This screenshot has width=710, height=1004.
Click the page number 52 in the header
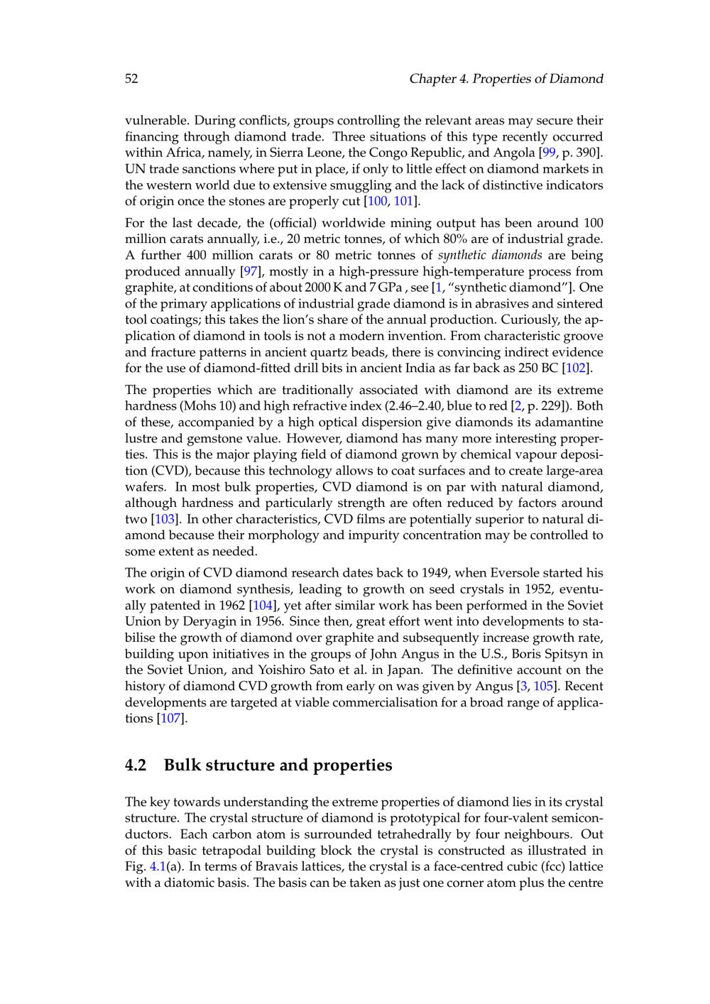coord(131,79)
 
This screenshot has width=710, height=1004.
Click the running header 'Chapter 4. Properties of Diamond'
coord(506,79)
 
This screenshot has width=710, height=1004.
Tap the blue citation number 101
coord(403,202)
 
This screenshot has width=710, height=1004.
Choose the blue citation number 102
coord(577,368)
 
